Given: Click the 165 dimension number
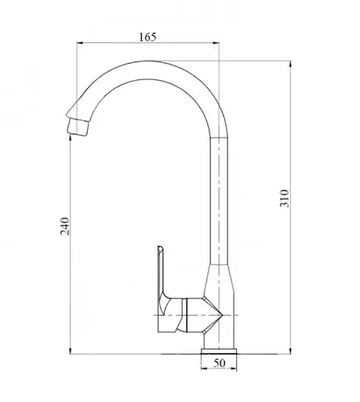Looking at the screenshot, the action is click(x=147, y=37).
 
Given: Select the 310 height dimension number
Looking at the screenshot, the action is click(x=285, y=199).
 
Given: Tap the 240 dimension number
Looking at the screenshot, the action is click(x=65, y=226).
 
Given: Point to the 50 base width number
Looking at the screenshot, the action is click(x=220, y=363).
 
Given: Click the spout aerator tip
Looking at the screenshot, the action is click(x=78, y=127).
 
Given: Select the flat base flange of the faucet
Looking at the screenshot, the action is click(x=219, y=351).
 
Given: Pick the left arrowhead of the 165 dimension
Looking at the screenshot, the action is click(x=79, y=42).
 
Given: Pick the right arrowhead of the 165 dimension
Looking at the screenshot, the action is click(x=216, y=42).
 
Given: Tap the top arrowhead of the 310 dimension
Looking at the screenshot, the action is click(x=290, y=64).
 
